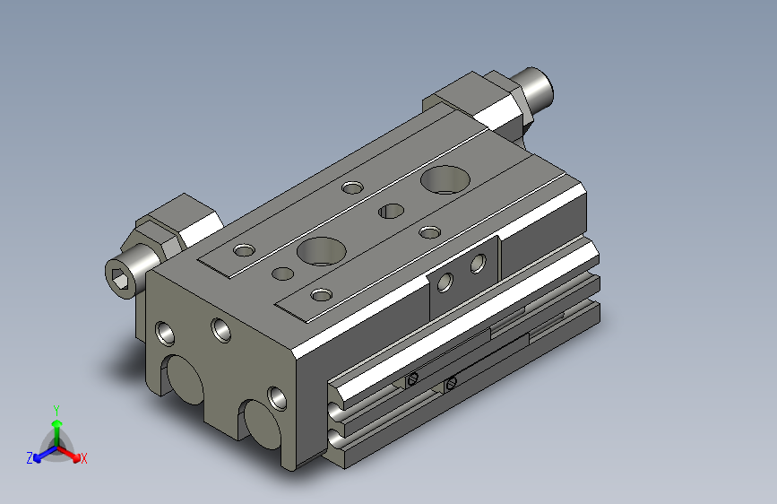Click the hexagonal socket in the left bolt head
pos(120,279)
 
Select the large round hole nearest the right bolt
pos(445,179)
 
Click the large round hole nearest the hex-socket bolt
pos(322,251)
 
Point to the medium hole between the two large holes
pos(391,211)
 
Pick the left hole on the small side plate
pos(445,282)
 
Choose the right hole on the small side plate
pos(478,264)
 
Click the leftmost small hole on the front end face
pos(165,333)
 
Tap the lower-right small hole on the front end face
pos(277,398)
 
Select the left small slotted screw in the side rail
pos(412,379)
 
